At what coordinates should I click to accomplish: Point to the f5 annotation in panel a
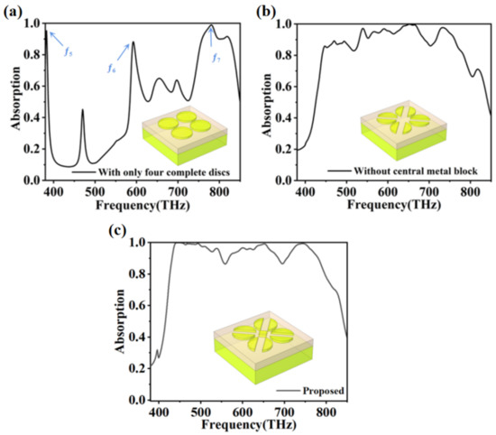pos(69,51)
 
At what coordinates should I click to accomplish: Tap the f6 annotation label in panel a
pos(111,69)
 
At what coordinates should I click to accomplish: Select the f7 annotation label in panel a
pos(216,58)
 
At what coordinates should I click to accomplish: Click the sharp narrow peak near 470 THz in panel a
pos(82,111)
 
